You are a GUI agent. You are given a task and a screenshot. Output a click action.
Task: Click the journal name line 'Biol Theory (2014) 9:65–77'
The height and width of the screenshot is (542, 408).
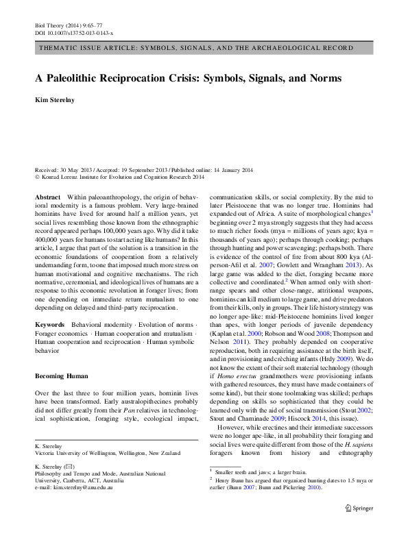(67, 24)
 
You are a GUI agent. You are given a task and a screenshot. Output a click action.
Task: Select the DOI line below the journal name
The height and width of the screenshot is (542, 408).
(74, 32)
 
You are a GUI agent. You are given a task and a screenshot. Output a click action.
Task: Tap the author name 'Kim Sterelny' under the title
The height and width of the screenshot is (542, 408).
(58, 100)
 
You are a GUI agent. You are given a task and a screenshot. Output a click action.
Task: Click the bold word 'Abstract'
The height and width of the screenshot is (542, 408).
(47, 196)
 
